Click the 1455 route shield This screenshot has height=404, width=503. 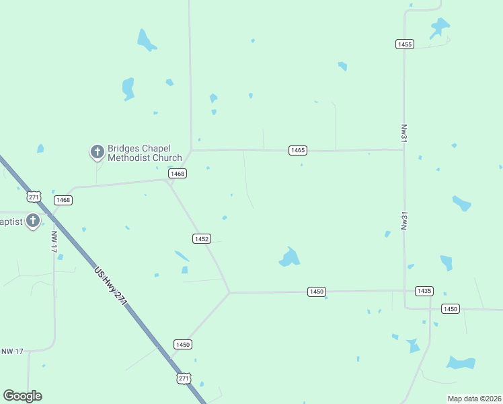click(404, 44)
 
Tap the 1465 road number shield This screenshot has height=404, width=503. click(298, 150)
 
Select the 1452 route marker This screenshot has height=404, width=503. click(202, 239)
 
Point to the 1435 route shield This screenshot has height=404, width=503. click(424, 291)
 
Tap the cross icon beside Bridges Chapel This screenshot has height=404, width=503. click(98, 152)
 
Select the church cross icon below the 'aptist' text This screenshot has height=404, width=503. click(33, 222)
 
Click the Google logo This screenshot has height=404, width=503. click(22, 396)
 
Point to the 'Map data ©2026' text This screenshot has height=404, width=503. click(474, 399)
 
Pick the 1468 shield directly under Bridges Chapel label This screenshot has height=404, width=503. click(178, 174)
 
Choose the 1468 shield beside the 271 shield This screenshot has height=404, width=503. click(63, 200)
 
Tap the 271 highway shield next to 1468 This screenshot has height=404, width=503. click(34, 197)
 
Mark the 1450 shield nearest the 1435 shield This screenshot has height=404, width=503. click(450, 308)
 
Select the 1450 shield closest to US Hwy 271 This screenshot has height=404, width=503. click(183, 344)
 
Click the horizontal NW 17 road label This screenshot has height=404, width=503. click(12, 351)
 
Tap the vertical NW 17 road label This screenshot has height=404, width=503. click(54, 242)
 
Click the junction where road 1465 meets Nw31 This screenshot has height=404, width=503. click(403, 149)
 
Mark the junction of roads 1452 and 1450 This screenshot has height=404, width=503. click(230, 292)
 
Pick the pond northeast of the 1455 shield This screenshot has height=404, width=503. click(439, 28)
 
